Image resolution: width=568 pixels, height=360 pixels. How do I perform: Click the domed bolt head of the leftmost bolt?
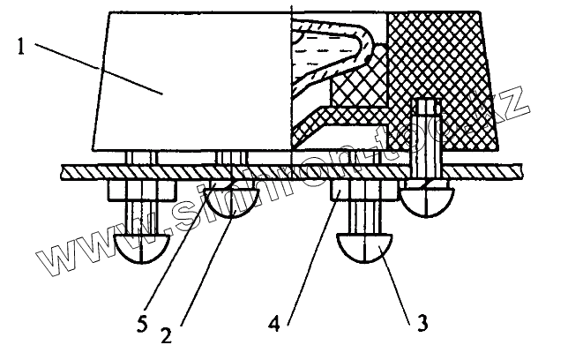(140, 249)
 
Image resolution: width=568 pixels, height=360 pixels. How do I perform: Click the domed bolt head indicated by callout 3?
(367, 250)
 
